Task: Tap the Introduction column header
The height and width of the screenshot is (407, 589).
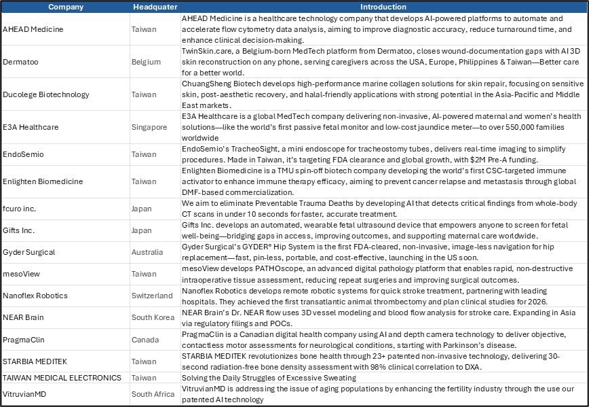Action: [x=383, y=7]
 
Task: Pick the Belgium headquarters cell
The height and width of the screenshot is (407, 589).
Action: [x=147, y=62]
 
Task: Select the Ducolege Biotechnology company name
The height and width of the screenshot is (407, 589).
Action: [x=43, y=94]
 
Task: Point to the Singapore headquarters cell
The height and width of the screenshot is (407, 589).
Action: [x=149, y=127]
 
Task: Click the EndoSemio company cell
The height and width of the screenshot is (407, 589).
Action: [x=23, y=154]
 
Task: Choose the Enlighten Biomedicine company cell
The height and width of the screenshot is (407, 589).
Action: [x=43, y=181]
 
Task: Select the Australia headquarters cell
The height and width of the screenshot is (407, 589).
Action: [x=147, y=252]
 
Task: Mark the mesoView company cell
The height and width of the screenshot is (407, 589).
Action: [x=21, y=274]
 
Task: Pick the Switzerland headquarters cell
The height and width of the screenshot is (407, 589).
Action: [x=152, y=296]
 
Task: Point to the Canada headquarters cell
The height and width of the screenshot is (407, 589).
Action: [x=145, y=339]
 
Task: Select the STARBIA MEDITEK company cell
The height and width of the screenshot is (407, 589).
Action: [x=35, y=361]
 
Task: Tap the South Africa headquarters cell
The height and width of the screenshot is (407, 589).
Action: [x=153, y=393]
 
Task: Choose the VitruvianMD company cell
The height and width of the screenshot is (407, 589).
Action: [x=26, y=393]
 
